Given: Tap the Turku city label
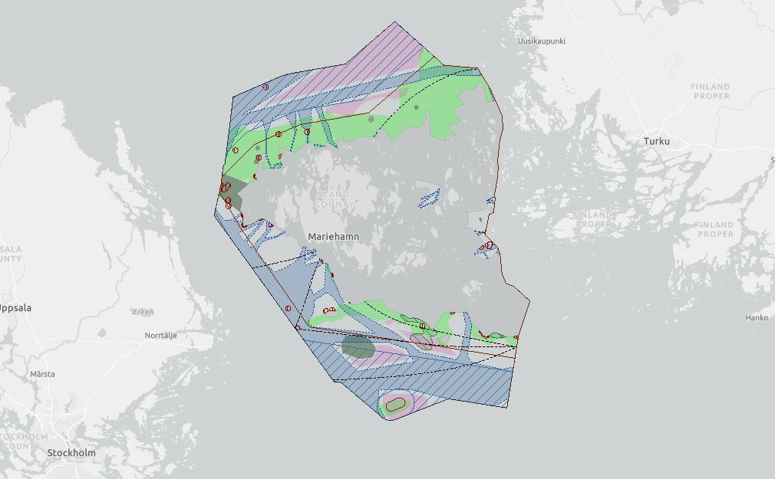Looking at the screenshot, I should tap(656, 142).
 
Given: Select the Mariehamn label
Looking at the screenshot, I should tap(333, 237).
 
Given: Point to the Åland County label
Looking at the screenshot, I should tap(334, 200).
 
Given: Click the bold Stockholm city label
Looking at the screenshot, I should tap(71, 453).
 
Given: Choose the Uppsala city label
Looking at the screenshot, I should tap(14, 308).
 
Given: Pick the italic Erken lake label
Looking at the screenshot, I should tap(143, 312).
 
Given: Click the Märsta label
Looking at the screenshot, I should tap(42, 374).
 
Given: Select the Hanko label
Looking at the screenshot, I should tap(757, 317).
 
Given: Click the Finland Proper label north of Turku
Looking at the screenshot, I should tap(710, 91).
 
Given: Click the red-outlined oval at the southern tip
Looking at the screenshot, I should tap(395, 404).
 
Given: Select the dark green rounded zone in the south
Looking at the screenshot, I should tap(358, 346).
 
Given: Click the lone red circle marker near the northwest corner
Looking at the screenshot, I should tap(265, 87).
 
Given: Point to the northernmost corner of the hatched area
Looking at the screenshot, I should tap(395, 22).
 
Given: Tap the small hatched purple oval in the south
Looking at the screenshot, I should tap(420, 341).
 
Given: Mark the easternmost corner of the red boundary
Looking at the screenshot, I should tap(529, 300).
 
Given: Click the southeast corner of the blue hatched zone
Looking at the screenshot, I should tap(508, 407).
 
